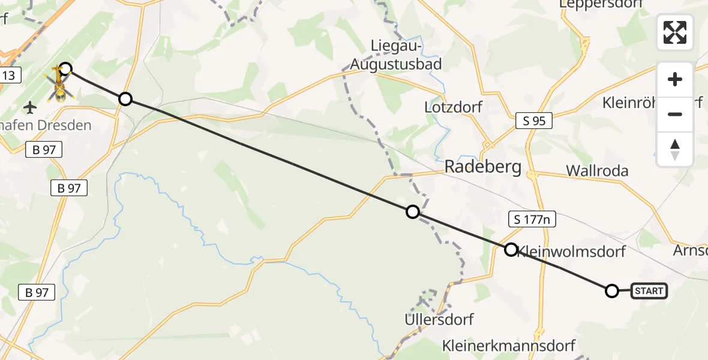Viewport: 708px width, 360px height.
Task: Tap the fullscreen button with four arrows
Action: click(675, 32)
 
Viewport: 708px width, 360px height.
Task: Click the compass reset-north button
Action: click(675, 149)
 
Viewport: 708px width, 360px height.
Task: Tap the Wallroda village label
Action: click(597, 171)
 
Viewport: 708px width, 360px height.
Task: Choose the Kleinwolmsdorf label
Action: click(571, 251)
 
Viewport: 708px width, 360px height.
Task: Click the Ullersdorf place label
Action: click(439, 319)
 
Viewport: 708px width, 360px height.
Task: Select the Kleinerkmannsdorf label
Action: click(509, 346)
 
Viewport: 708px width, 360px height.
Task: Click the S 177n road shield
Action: click(532, 220)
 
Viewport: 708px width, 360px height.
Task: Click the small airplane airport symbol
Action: click(30, 108)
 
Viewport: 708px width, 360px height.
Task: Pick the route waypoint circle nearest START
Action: click(611, 291)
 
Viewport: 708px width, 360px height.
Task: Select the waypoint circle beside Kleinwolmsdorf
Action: click(511, 249)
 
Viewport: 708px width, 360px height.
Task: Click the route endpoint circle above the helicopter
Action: click(65, 69)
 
